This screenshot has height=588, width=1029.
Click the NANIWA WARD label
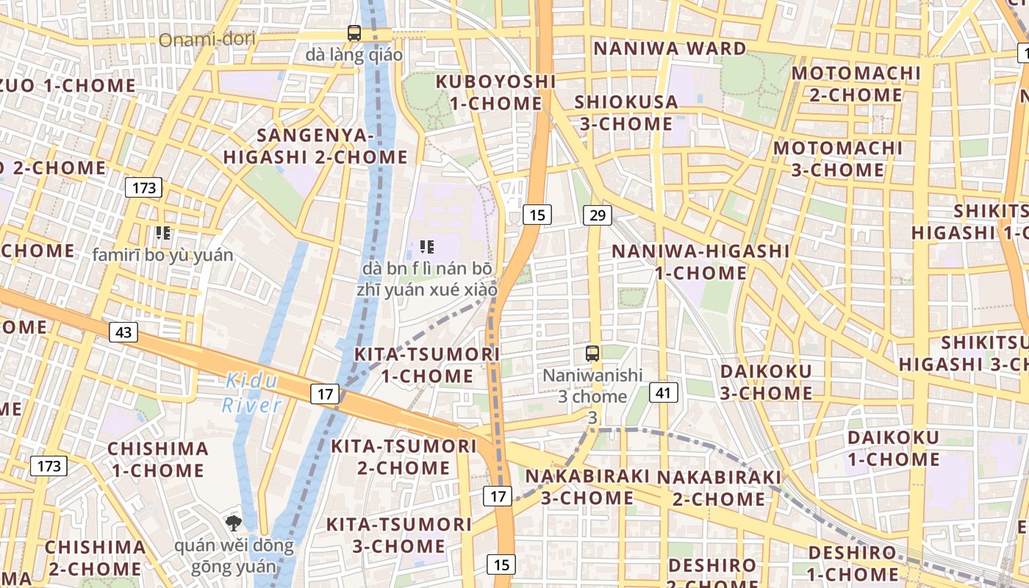(670, 49)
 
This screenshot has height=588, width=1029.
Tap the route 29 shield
(597, 215)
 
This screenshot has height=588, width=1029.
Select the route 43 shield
(123, 332)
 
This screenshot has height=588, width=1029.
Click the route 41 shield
(663, 392)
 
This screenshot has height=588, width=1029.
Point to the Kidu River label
(251, 392)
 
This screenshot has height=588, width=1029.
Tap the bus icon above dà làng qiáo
(354, 32)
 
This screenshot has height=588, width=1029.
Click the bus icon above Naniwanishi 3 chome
(592, 354)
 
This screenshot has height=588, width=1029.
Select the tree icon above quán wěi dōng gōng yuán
(234, 523)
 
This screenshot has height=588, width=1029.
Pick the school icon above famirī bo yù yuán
(163, 234)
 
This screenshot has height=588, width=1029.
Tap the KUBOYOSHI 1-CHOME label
(496, 92)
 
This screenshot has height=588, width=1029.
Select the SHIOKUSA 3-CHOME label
(626, 112)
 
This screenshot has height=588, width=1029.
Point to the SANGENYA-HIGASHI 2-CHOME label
(315, 146)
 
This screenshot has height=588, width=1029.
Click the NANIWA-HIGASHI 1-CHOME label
(700, 262)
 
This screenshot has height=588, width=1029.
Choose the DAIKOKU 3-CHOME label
(766, 381)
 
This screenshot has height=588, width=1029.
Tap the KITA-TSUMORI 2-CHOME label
(404, 456)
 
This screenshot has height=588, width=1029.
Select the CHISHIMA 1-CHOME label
(158, 459)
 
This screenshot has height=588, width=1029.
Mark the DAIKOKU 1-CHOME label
(893, 448)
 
